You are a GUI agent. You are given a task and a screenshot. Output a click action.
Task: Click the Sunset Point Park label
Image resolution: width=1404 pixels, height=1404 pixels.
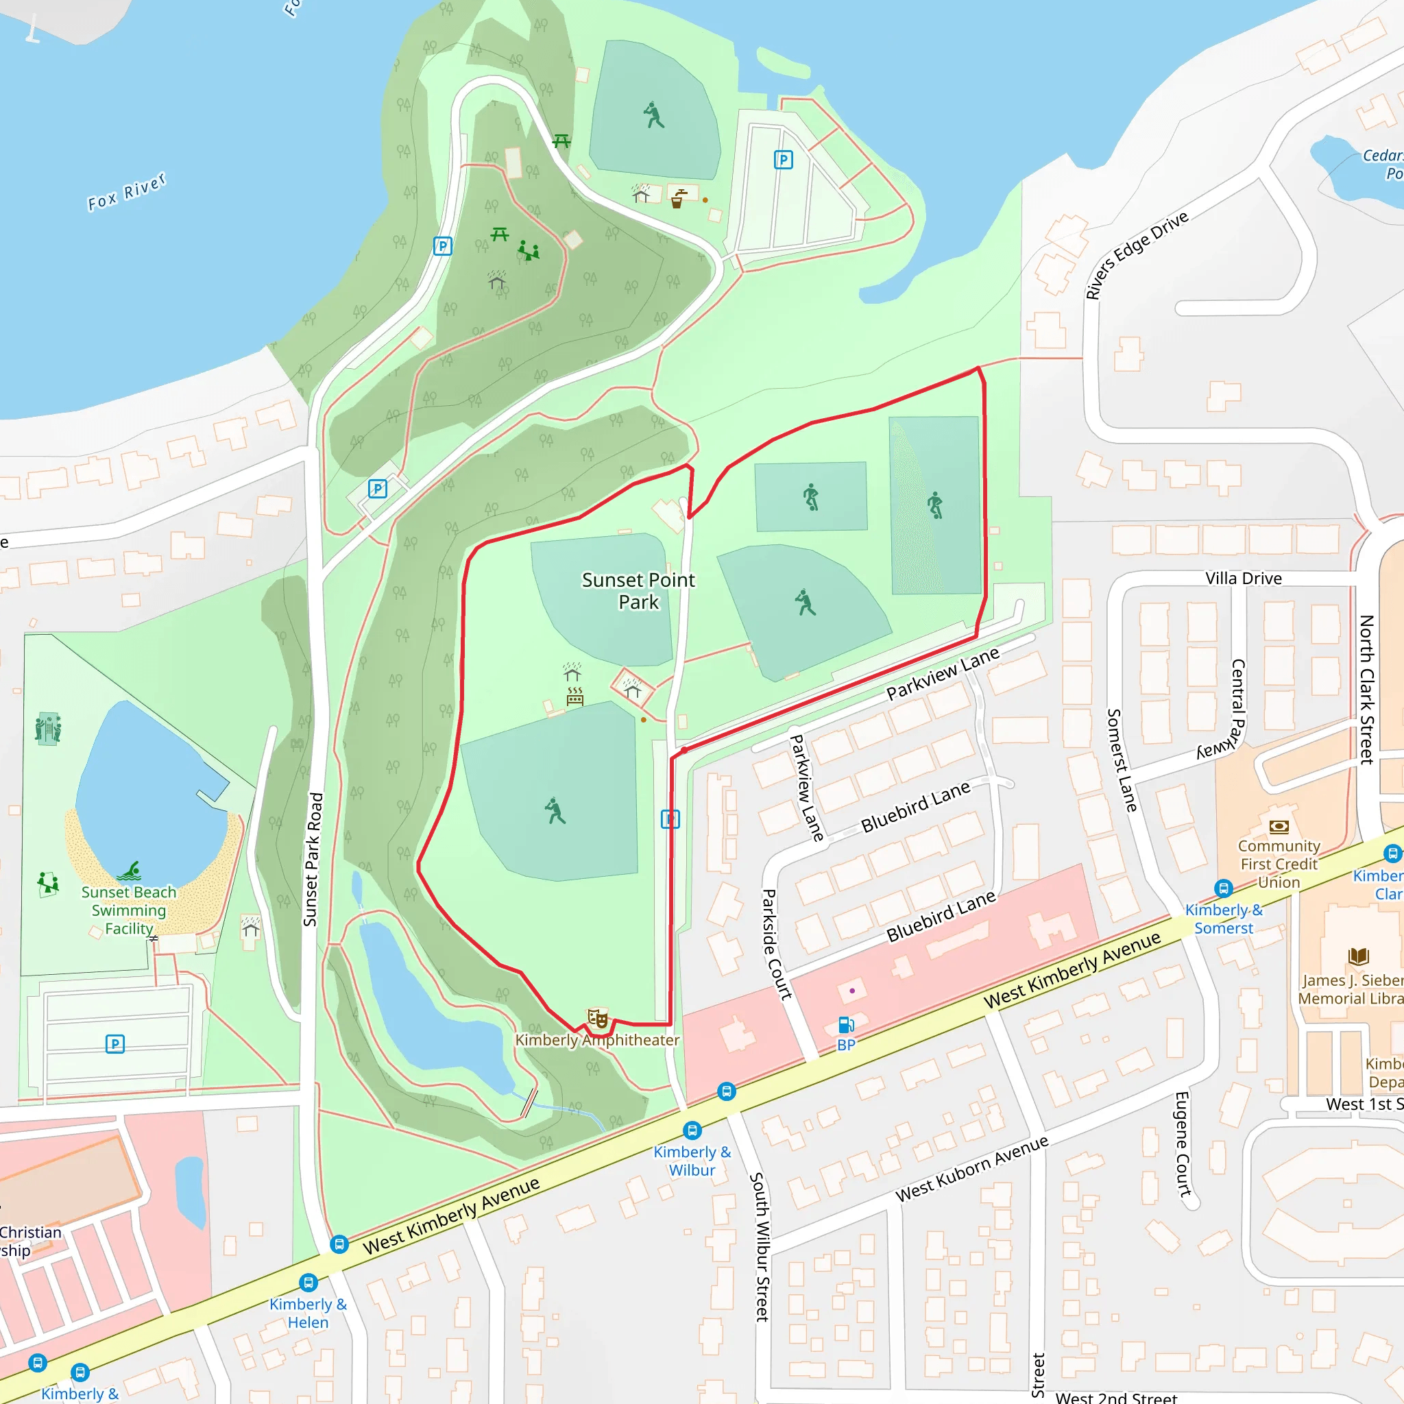pos(638,591)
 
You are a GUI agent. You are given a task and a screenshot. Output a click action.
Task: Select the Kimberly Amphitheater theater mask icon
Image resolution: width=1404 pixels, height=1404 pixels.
pos(597,1018)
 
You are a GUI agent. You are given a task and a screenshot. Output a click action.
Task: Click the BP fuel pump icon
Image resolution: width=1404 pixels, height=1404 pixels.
pos(846,1025)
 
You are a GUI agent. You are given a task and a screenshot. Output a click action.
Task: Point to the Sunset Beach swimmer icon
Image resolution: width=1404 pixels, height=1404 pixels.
pos(130,871)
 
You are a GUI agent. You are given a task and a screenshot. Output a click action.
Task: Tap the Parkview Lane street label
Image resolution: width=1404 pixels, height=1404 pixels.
pos(943,674)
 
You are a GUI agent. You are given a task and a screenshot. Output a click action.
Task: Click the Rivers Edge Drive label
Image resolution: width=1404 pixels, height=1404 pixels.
pos(1136,254)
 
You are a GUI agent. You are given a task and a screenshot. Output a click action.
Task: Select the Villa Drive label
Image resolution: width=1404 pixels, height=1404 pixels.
pos(1244,579)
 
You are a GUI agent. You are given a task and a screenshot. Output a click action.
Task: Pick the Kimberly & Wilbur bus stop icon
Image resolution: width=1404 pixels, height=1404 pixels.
pos(692,1130)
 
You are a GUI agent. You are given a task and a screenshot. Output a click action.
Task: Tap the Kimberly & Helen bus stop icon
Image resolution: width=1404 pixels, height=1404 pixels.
pos(308,1283)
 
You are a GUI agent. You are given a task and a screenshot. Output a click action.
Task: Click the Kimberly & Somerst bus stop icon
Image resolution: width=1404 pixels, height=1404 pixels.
pos(1223,888)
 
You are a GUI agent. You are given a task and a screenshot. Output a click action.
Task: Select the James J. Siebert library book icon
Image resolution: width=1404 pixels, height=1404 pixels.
pos(1358,956)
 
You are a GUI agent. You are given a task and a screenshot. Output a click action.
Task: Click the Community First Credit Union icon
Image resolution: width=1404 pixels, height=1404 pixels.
pos(1279,826)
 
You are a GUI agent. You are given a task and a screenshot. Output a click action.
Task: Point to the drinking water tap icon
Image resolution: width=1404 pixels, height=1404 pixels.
pos(678,198)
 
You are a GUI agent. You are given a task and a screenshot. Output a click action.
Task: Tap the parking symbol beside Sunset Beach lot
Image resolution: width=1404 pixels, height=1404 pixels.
pos(114,1044)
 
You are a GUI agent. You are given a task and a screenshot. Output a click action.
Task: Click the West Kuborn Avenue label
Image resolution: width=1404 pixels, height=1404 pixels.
pos(971,1169)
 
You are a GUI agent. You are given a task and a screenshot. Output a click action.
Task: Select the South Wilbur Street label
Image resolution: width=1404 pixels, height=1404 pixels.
pos(760,1246)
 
